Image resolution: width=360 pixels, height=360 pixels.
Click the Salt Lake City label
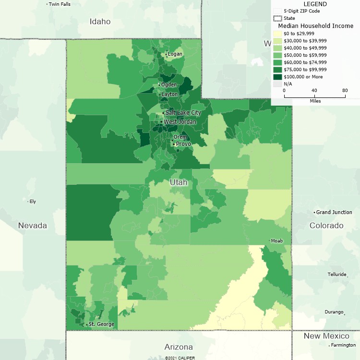[x=183, y=112]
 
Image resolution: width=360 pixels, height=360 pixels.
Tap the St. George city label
[x=101, y=324]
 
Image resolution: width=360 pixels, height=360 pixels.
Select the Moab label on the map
[x=277, y=240]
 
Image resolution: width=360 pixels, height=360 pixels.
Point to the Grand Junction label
[x=335, y=212]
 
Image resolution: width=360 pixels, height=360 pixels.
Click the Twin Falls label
[x=60, y=4]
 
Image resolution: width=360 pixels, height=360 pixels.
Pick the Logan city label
[x=175, y=54]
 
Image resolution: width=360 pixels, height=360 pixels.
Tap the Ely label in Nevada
[x=33, y=202]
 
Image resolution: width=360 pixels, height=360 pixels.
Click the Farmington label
[x=343, y=345]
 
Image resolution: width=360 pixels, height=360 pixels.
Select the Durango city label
[x=334, y=312]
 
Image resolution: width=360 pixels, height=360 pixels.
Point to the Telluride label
[x=337, y=275]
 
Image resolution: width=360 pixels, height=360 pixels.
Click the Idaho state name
[x=100, y=22]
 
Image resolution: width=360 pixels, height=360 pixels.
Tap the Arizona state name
[x=179, y=347]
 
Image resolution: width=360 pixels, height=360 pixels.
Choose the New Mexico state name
[x=326, y=336]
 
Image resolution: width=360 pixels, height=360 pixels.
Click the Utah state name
[x=178, y=183]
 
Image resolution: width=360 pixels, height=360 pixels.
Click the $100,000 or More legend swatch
[x=277, y=77]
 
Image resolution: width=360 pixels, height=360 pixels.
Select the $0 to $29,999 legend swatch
[x=277, y=34]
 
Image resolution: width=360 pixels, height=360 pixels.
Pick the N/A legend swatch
[x=277, y=84]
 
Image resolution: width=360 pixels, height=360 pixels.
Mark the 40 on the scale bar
[x=314, y=90]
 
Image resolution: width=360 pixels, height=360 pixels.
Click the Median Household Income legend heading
[x=316, y=26]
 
